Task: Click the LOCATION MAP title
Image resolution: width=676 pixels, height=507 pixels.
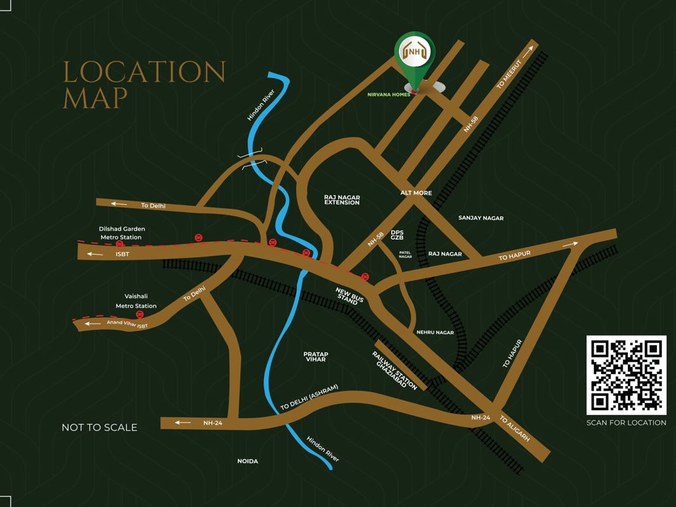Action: click(143, 85)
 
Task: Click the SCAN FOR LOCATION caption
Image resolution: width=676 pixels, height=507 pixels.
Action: click(626, 423)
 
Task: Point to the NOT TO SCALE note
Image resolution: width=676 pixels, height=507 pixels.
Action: click(100, 427)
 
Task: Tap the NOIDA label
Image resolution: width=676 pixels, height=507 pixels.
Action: click(248, 461)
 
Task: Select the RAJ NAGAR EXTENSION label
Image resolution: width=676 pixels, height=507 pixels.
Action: click(342, 200)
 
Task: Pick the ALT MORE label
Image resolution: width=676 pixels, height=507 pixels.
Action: click(416, 193)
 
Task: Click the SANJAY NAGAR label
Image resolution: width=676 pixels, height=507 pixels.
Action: click(481, 218)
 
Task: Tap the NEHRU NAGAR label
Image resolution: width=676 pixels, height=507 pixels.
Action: click(435, 332)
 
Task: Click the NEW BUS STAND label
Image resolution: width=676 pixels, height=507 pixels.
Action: click(348, 296)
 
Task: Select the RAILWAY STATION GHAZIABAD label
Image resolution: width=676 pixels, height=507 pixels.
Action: click(394, 371)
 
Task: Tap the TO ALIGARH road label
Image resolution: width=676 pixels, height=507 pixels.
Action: click(514, 429)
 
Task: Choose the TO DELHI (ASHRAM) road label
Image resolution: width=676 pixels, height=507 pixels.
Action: click(309, 397)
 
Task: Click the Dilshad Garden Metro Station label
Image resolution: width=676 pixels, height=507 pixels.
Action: click(120, 233)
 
